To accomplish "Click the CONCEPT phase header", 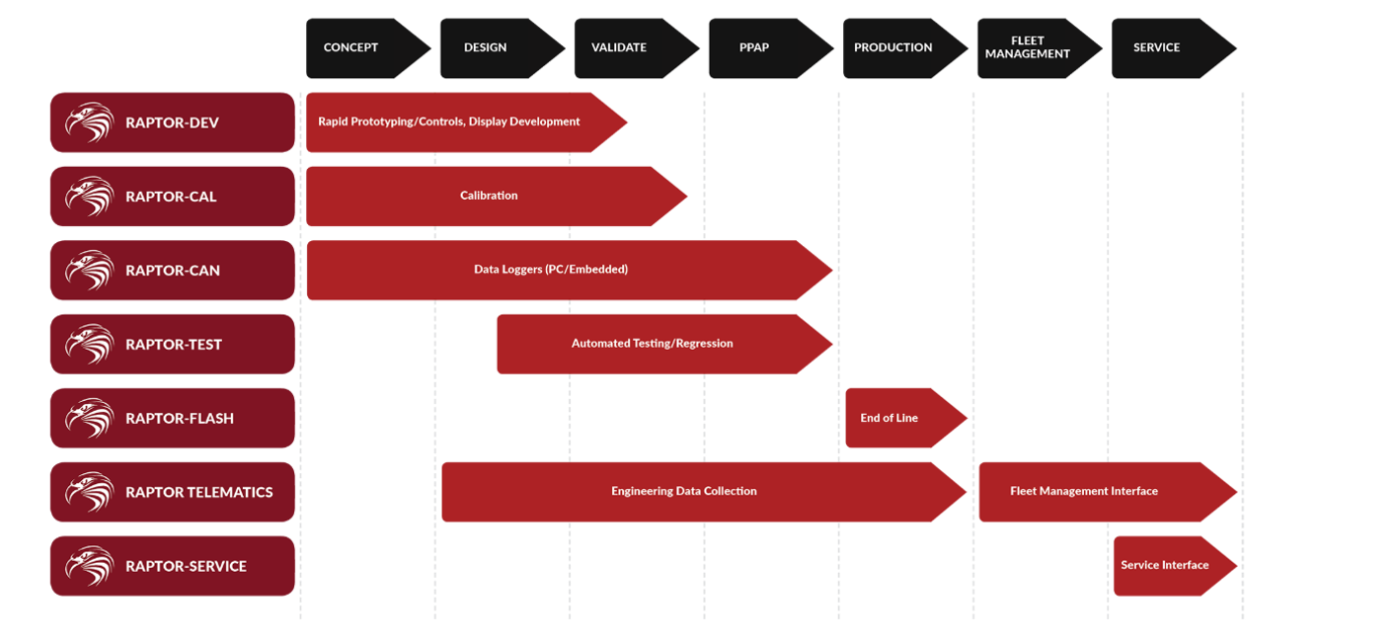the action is [x=367, y=48].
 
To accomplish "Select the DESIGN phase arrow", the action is [x=502, y=48].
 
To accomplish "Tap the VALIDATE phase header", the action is [x=637, y=48].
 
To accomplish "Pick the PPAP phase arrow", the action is [x=771, y=48].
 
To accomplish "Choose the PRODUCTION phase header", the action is [x=905, y=48].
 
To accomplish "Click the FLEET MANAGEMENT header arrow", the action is [x=1040, y=48].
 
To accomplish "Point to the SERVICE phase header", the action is [x=1174, y=48].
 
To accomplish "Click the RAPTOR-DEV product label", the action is [x=173, y=122].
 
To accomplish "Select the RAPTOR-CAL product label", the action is [x=173, y=197].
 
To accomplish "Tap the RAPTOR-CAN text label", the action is [x=173, y=271].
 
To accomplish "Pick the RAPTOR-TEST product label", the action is [x=173, y=344].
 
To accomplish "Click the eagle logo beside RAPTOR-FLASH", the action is [x=90, y=418].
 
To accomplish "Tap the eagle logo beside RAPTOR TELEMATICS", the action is [x=90, y=492].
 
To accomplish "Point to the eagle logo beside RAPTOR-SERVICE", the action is [x=90, y=566].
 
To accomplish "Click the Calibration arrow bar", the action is [x=497, y=197].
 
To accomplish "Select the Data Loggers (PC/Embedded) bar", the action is [x=570, y=271].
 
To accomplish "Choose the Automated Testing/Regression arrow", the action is [x=664, y=344].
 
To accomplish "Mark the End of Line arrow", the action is [x=906, y=418].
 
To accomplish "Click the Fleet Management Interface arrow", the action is [x=1108, y=492].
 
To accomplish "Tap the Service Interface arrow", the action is [x=1175, y=566].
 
